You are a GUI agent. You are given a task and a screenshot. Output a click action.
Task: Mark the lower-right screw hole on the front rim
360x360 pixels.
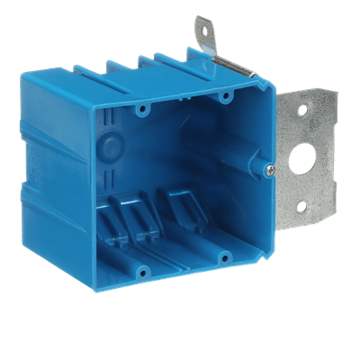tap(221, 259)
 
